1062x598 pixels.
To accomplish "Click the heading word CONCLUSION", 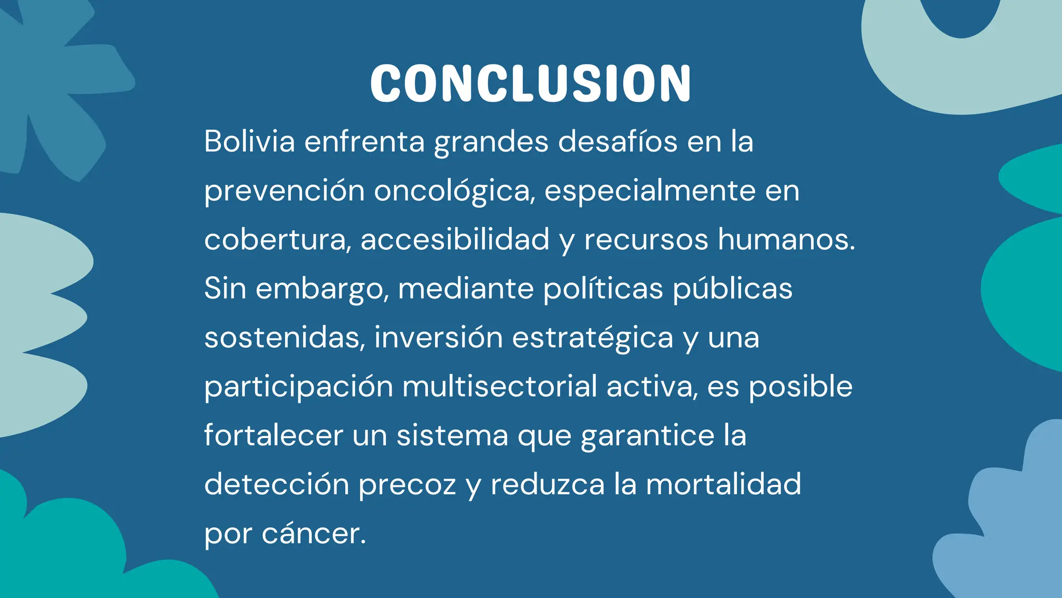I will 530,84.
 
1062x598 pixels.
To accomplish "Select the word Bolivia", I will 249,141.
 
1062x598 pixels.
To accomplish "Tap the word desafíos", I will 618,141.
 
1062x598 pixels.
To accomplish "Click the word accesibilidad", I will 455,240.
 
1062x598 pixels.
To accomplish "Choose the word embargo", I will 322,289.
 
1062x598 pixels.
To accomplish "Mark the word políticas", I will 603,289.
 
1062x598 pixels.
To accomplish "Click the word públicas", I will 732,289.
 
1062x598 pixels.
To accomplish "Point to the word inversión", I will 439,337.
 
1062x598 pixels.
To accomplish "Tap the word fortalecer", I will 273,435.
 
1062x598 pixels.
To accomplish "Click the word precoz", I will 407,485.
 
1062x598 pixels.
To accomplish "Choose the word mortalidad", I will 723,484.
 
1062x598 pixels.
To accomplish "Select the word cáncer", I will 314,534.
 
